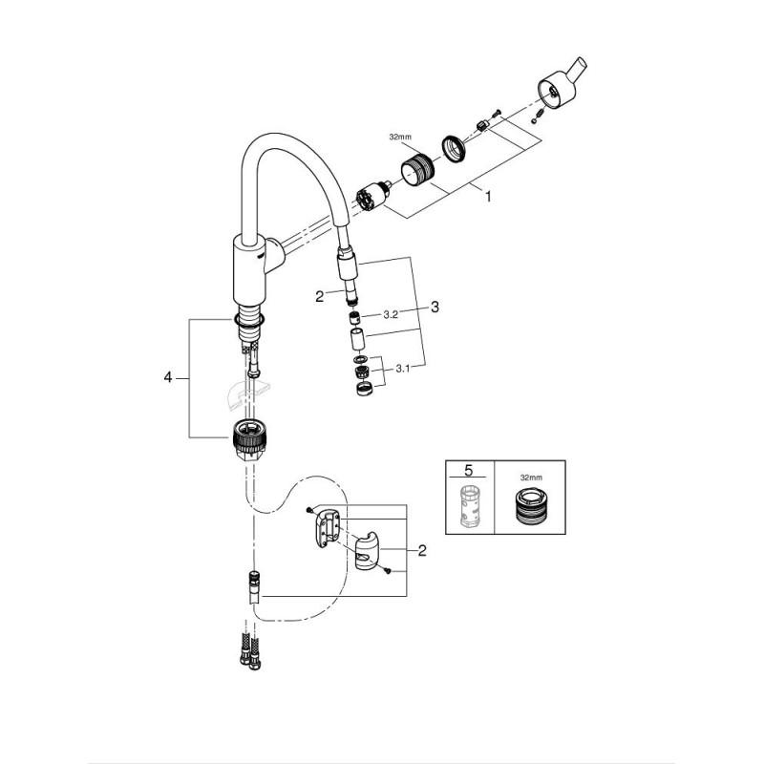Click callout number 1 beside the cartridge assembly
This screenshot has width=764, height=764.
(x=487, y=197)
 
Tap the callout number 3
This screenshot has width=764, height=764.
(x=435, y=307)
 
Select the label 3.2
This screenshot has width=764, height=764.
(x=391, y=315)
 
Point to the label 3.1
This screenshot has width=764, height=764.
(x=402, y=369)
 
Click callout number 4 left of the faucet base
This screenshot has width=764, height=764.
(x=168, y=377)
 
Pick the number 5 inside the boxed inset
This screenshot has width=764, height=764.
(x=469, y=470)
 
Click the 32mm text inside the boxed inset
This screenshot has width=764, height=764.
(x=530, y=478)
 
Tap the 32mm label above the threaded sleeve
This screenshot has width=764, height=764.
(x=400, y=138)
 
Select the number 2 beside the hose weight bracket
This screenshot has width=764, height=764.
(x=422, y=551)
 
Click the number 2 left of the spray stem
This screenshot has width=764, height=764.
(x=320, y=296)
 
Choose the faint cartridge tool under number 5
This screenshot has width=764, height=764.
(x=470, y=505)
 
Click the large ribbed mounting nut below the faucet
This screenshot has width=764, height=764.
(x=249, y=438)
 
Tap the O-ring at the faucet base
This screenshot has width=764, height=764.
(x=249, y=319)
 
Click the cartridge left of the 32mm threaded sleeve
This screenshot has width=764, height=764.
(x=373, y=196)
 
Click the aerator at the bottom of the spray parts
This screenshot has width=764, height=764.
(x=364, y=389)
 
